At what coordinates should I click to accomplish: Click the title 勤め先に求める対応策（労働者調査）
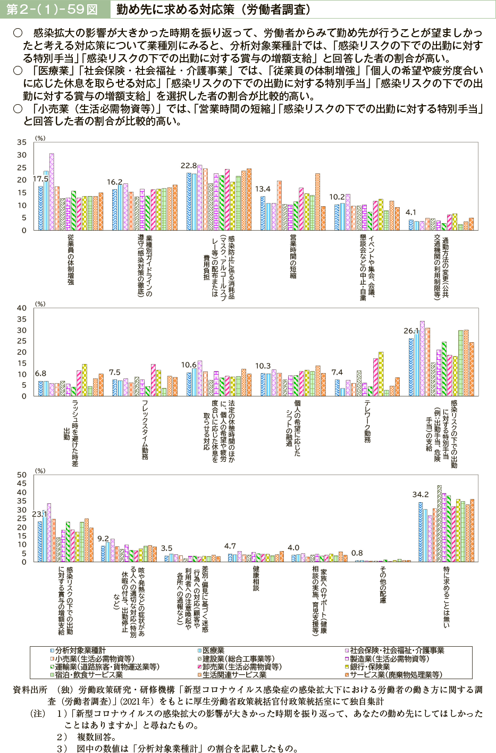point(213,10)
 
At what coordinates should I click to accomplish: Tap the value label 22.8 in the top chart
point(189,166)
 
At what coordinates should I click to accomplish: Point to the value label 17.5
point(41,179)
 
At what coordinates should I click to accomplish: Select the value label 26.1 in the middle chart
point(411,331)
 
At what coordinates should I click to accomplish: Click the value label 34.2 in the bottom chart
point(421,494)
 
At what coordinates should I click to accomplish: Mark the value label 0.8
point(357,553)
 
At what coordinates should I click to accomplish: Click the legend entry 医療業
point(213,650)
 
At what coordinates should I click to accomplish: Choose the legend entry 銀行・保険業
point(369,667)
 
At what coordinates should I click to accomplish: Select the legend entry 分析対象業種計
point(80,650)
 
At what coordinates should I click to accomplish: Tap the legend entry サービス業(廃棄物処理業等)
point(396,675)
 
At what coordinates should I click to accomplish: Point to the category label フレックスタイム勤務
point(145,430)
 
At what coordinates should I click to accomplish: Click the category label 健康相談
point(256,579)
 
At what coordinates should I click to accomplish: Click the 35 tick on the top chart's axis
point(21,142)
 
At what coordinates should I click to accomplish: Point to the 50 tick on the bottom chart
point(21,475)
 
